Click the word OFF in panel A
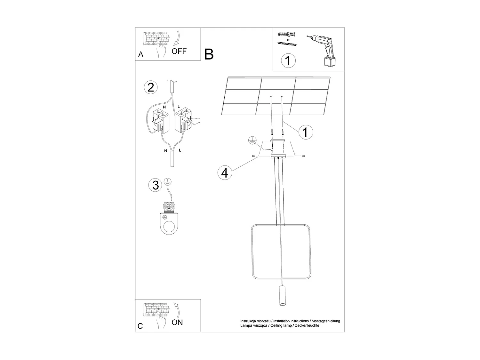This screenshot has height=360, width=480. click(179, 51)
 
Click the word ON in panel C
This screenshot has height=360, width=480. click(177, 322)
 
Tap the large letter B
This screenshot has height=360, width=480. click(209, 54)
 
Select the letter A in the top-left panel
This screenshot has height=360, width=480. click(141, 55)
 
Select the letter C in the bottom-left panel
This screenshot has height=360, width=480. click(140, 326)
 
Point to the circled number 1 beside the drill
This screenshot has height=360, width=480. click(288, 60)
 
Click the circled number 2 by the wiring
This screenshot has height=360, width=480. click(151, 87)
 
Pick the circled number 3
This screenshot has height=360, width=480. click(156, 185)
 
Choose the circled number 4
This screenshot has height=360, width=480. click(225, 173)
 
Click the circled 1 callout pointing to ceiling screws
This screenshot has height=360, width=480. click(305, 132)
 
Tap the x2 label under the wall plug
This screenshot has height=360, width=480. click(288, 40)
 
